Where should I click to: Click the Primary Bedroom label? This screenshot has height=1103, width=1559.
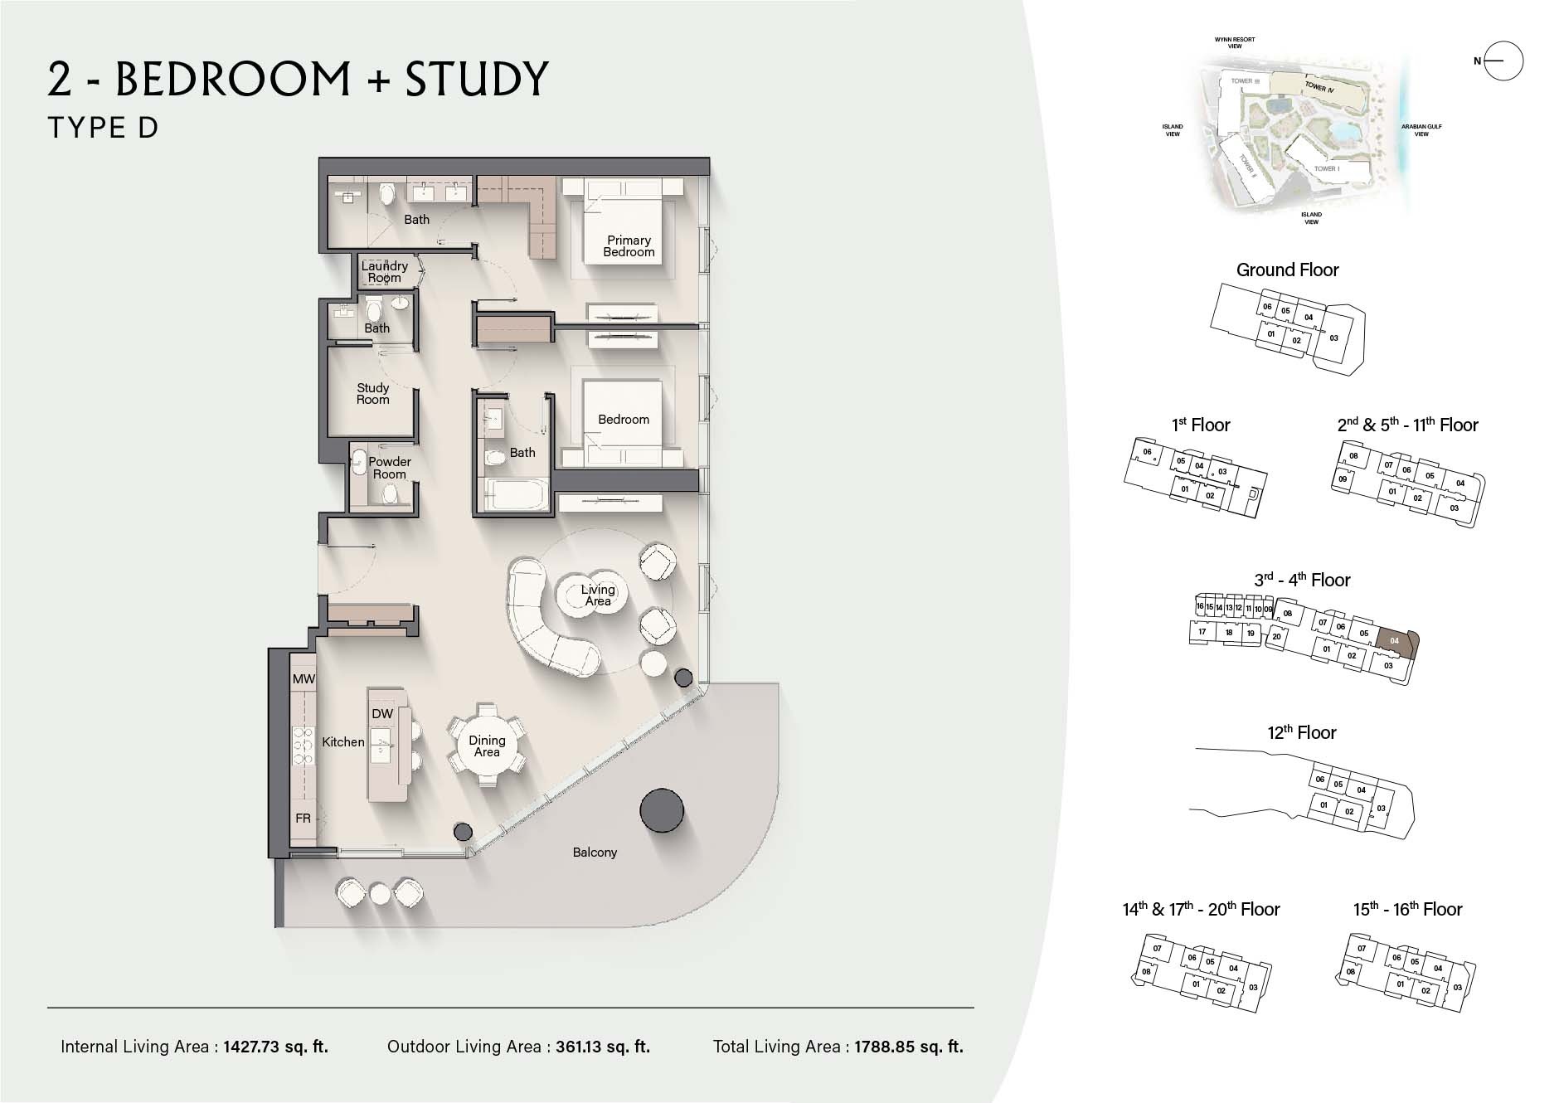point(629,246)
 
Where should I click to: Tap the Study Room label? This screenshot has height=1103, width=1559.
point(372,393)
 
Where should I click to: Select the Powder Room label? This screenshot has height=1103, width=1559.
point(389,468)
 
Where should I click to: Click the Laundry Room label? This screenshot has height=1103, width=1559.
point(384,271)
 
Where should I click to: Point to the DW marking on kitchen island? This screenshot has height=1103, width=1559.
point(382,714)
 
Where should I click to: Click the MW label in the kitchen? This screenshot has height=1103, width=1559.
point(304,679)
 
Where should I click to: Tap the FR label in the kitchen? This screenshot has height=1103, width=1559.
point(303,819)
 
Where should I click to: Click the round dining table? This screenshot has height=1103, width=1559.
point(487,746)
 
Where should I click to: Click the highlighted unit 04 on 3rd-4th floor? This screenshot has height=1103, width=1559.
point(1396,641)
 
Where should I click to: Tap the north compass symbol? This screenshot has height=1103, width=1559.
point(1503,61)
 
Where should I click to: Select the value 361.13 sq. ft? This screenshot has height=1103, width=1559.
point(602,1047)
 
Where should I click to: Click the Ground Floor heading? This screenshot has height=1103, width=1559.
point(1287,270)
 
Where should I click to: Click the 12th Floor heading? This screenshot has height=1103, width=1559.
point(1301,732)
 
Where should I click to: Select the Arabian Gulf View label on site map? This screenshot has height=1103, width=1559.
point(1421,130)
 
